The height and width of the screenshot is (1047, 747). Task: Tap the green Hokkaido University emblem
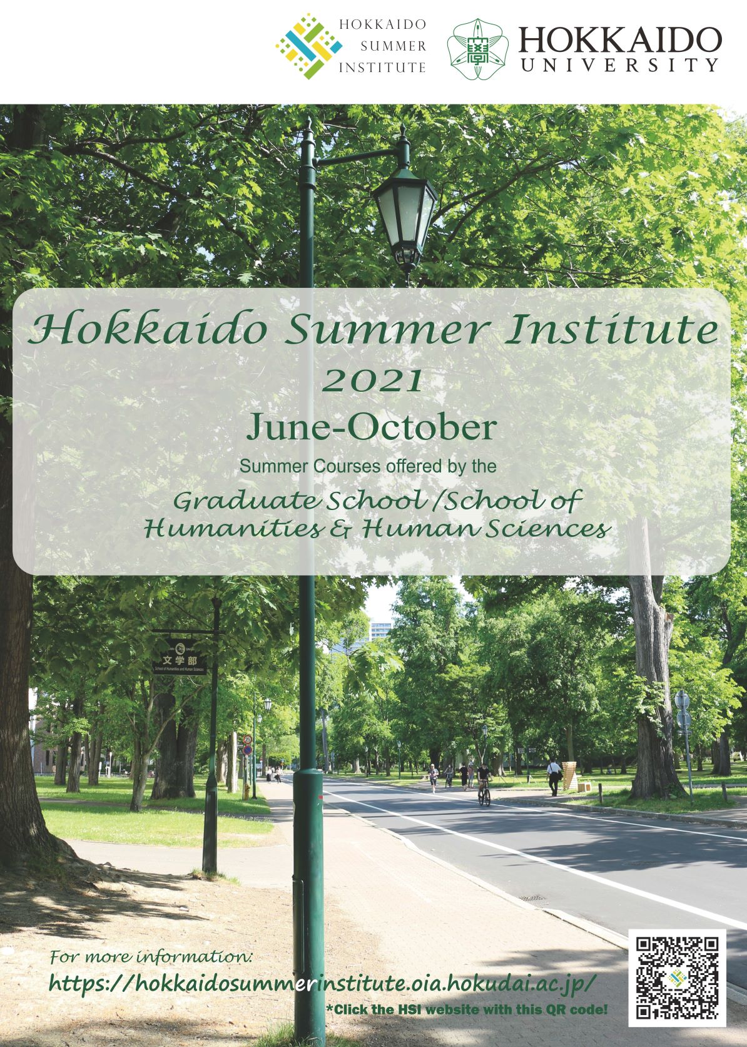(477, 49)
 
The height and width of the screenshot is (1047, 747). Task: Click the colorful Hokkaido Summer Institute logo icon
(309, 46)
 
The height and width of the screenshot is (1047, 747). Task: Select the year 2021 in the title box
(372, 381)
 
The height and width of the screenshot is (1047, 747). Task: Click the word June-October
(372, 427)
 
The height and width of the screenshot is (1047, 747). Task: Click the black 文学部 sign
(180, 657)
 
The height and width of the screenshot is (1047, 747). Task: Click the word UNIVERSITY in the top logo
(619, 65)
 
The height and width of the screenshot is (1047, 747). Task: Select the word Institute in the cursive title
(613, 329)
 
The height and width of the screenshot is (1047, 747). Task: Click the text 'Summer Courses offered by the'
(368, 466)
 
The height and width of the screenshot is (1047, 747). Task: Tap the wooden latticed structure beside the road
(571, 777)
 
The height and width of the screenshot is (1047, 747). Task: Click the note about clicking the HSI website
(467, 1009)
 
